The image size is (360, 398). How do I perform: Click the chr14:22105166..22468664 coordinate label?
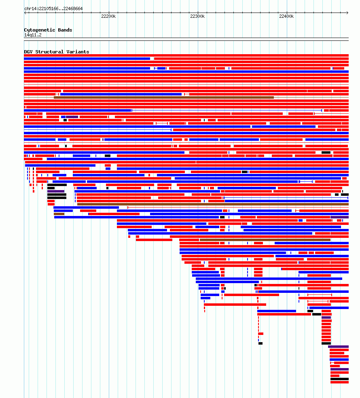[53, 8]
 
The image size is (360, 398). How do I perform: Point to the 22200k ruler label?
[108, 16]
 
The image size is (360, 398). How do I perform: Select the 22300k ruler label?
[197, 16]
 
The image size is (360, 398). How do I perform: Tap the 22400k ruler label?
[286, 16]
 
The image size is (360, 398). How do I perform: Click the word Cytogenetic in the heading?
[39, 30]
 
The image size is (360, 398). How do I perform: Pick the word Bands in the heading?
[65, 30]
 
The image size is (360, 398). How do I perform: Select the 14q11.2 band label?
[33, 35]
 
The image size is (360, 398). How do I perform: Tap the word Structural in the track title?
[49, 52]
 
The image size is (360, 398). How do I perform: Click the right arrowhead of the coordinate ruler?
[348, 13]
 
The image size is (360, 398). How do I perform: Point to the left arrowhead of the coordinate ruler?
[25, 13]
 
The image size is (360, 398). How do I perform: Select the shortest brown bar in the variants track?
[59, 214]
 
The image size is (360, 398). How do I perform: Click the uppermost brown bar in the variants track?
[164, 97]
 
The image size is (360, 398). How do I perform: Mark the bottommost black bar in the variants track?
[339, 379]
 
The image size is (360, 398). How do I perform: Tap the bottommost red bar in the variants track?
[339, 382]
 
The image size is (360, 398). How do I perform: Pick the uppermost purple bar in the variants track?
[72, 117]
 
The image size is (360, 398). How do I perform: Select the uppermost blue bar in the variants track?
[87, 59]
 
